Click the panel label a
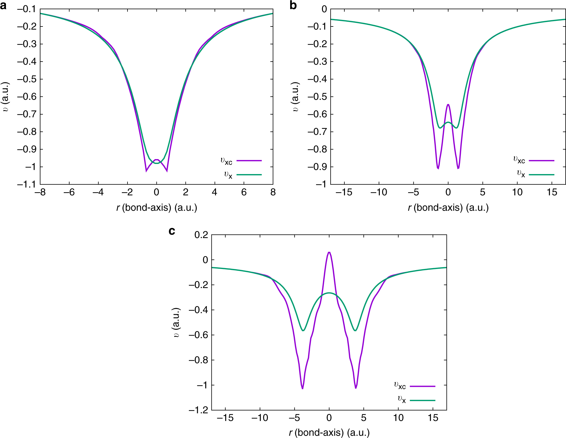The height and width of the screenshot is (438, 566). (3, 5)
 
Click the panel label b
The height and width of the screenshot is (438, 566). (293, 5)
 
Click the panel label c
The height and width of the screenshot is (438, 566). (172, 231)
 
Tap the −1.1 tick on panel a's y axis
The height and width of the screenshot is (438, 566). (26, 184)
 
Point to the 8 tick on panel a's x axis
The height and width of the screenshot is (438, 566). (273, 193)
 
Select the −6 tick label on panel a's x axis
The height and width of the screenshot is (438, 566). (69, 193)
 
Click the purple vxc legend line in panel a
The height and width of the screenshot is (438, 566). (249, 161)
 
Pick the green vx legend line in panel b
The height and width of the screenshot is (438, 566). (542, 175)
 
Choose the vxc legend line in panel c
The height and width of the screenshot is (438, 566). (422, 386)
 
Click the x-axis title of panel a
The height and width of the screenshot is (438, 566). (157, 207)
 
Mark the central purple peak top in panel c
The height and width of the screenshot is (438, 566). (329, 252)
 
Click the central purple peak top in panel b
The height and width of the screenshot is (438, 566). (448, 104)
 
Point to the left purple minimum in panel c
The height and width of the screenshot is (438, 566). (302, 388)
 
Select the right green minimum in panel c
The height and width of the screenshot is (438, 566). (355, 331)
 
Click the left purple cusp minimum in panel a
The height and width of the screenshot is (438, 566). (146, 171)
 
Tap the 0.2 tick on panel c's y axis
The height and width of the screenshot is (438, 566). (201, 235)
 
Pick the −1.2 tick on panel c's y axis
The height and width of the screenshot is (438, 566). (198, 410)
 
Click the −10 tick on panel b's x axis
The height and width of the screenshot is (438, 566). (379, 193)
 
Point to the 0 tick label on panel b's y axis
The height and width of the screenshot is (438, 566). (324, 9)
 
